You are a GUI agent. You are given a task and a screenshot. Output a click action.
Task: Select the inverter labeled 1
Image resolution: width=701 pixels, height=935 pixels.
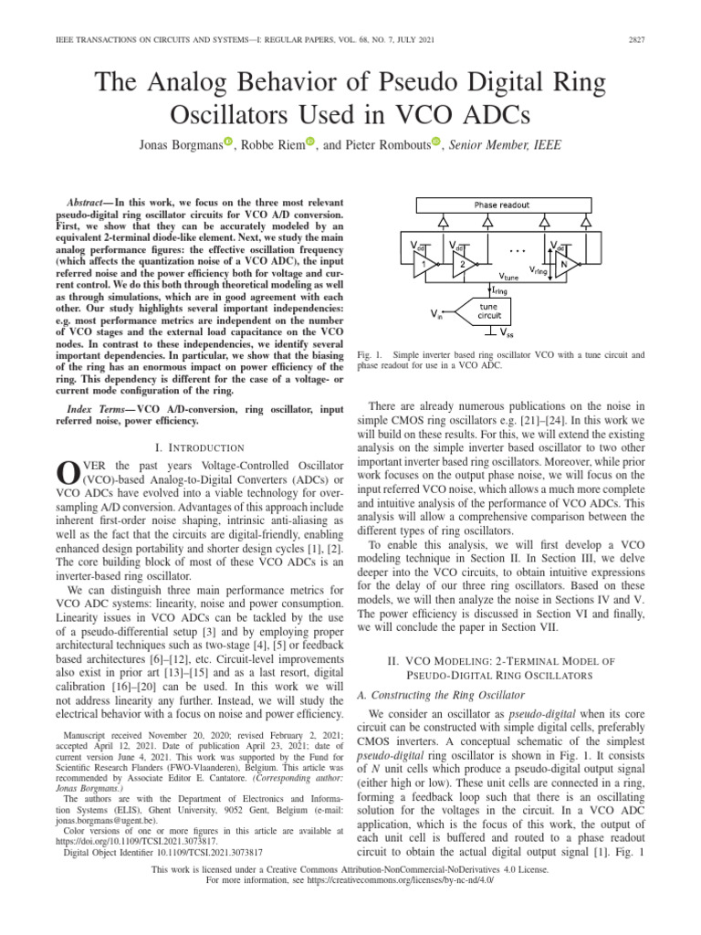(423, 263)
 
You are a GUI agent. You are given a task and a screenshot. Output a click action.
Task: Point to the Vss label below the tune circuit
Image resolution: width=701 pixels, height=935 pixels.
(508, 333)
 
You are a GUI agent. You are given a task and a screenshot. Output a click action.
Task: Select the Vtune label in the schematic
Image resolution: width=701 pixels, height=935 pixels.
(512, 273)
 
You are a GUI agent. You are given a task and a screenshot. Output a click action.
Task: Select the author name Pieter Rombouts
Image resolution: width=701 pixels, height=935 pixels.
(385, 144)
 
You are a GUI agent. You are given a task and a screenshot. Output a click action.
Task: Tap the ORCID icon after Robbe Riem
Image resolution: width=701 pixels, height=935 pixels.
(309, 141)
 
